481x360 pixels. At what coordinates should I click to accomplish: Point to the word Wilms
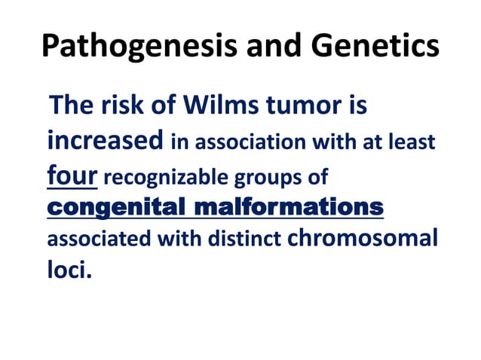219,106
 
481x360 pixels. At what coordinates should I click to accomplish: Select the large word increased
106,141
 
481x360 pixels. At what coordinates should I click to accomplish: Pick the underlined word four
72,175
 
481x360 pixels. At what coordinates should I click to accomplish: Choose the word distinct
244,242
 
